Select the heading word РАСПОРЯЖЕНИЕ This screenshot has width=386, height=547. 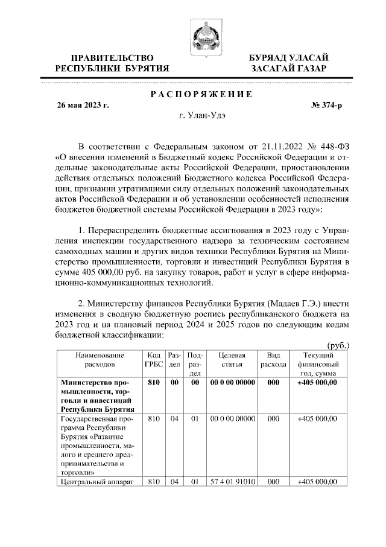coord(200,95)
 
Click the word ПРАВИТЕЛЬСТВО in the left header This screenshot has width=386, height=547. coord(112,57)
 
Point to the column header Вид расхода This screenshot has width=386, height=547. coord(273,360)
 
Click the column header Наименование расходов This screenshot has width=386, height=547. coord(100,360)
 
